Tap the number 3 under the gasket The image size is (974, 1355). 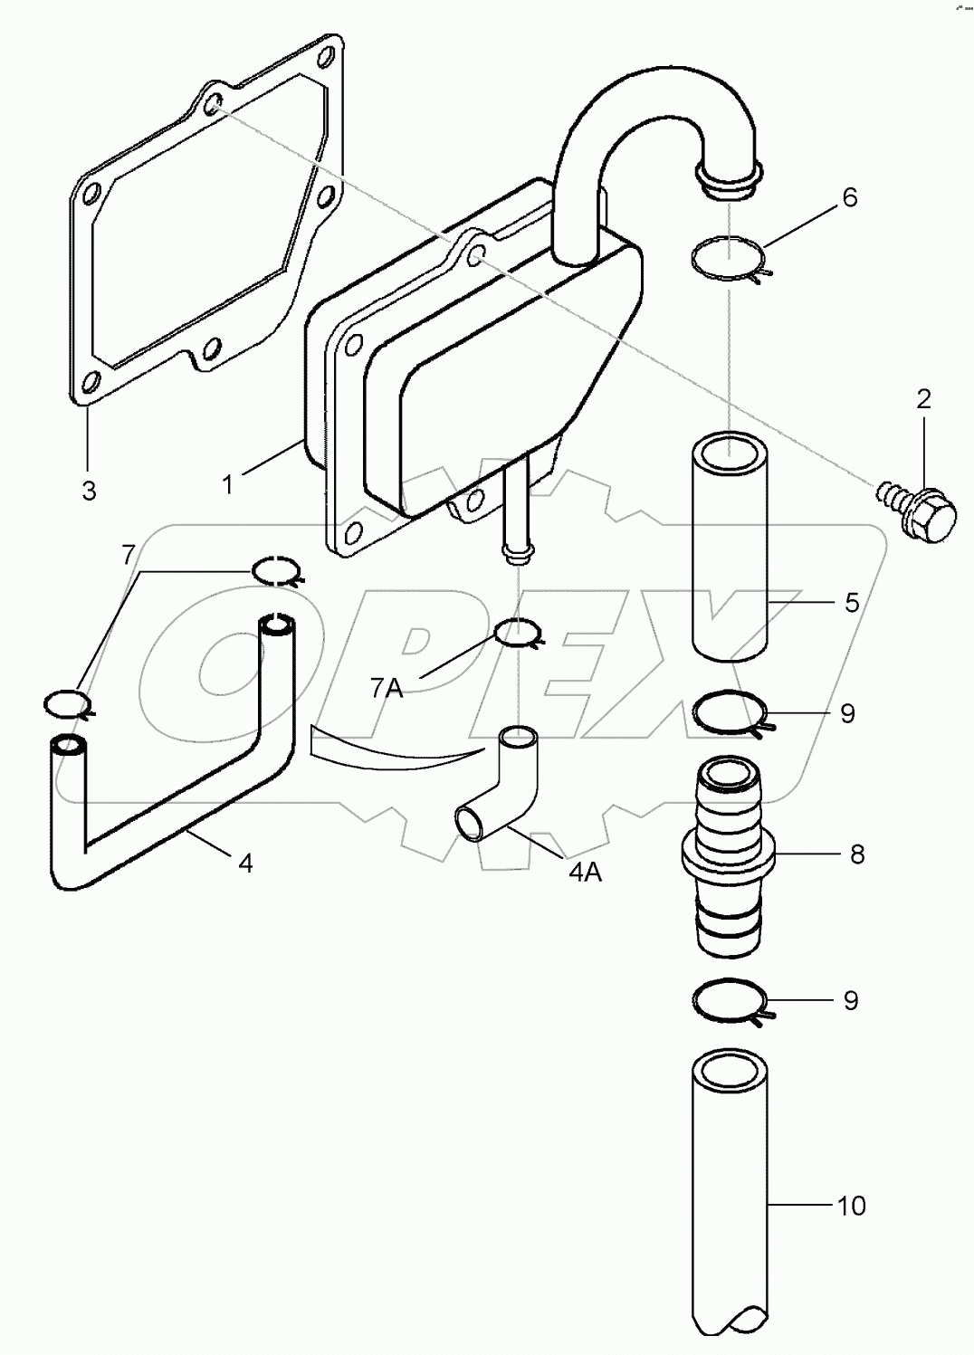point(89,491)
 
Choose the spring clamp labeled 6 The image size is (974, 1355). point(730,259)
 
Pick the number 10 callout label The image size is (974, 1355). point(852,1205)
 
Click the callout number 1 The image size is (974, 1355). point(229,484)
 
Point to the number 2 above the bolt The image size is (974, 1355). point(923,398)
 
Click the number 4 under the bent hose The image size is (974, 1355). point(244,863)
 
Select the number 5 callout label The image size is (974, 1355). point(852,602)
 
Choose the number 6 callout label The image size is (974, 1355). point(849,197)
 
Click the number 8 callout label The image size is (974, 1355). point(856,854)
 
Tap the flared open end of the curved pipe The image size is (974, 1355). point(730,177)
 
